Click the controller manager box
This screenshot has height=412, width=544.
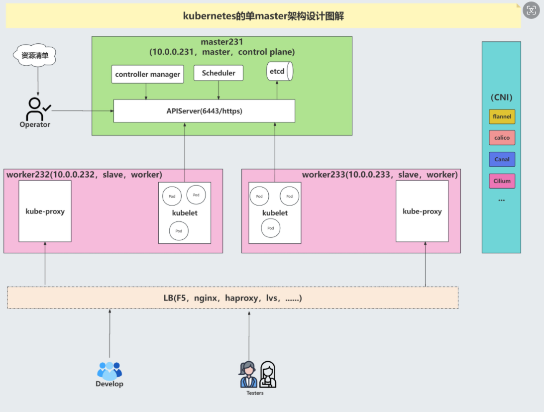pos(147,75)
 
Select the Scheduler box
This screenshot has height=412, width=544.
pos(218,73)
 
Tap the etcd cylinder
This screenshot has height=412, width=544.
pos(279,72)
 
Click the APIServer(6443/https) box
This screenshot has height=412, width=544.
pos(204,111)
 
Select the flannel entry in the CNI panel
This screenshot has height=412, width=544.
pos(502,117)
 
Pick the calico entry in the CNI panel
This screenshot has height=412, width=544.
pos(502,138)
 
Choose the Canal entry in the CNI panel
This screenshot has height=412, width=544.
pos(502,160)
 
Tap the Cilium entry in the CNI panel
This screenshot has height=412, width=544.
pos(502,181)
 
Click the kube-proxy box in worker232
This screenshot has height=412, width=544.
pos(45,211)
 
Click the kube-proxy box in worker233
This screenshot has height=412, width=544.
pos(422,211)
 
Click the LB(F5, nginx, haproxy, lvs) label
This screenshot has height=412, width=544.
pos(232,299)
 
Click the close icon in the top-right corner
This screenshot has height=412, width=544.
pos(532,10)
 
